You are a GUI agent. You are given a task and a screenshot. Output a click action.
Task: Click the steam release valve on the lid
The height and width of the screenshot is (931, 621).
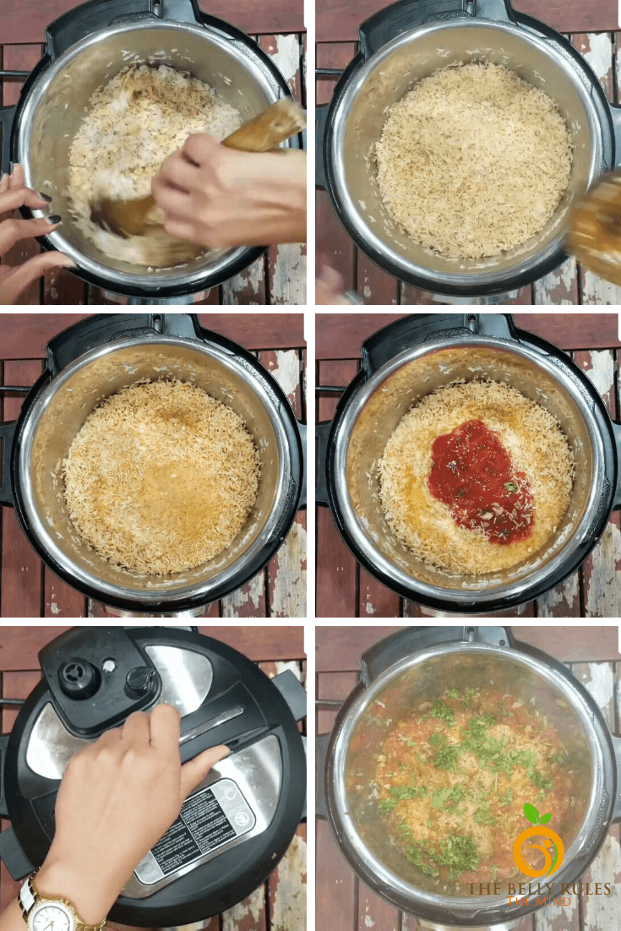(x=81, y=676)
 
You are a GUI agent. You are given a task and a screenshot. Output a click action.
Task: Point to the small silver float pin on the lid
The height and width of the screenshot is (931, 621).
(x=109, y=665)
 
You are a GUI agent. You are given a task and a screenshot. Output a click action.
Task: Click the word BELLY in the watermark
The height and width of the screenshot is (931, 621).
(x=531, y=889)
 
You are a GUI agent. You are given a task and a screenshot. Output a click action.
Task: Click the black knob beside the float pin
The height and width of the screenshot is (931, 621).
(x=140, y=681)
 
